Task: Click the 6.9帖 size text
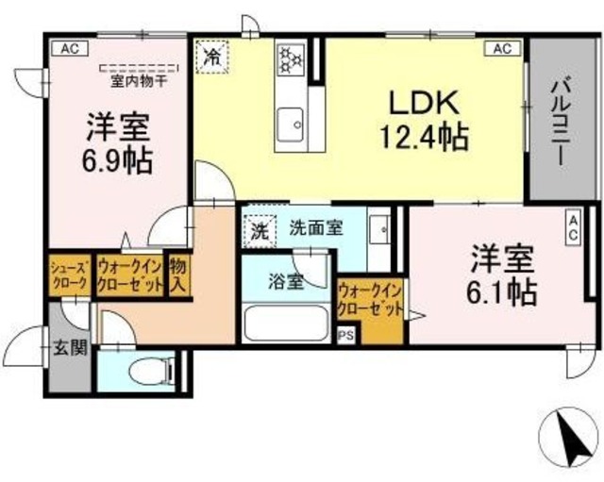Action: (x=117, y=158)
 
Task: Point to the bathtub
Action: (x=284, y=324)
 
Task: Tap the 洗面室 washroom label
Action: (x=315, y=227)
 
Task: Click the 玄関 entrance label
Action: (x=68, y=346)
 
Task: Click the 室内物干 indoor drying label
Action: (x=139, y=79)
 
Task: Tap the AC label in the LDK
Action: (x=501, y=48)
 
